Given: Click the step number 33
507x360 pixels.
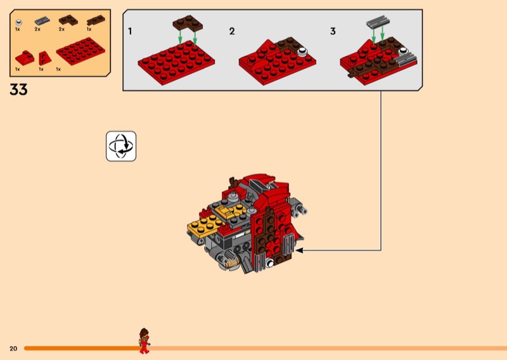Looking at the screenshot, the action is click(18, 89).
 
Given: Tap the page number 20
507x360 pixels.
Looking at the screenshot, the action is click(13, 349).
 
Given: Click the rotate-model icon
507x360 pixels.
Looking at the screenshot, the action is click(121, 146).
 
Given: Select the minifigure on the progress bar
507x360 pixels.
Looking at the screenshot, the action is click(144, 340).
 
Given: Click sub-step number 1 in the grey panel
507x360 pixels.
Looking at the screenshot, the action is click(130, 32).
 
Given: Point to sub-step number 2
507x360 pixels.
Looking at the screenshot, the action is click(232, 32).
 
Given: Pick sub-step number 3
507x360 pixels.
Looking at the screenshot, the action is click(333, 32).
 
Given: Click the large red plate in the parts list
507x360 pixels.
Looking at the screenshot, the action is click(80, 51).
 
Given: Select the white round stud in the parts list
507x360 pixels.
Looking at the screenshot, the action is click(19, 23).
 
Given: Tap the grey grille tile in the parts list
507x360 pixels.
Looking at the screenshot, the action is click(42, 21).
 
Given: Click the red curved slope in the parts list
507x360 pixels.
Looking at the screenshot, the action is click(25, 58).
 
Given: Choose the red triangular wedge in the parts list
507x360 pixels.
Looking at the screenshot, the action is click(44, 58).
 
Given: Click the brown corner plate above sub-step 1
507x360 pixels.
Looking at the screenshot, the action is click(188, 23).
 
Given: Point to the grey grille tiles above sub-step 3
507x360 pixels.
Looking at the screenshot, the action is click(378, 22).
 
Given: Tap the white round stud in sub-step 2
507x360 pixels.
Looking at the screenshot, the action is click(302, 51).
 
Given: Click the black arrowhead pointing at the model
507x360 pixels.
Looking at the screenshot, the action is click(299, 250).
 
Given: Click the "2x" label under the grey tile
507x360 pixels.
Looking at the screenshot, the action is click(37, 29).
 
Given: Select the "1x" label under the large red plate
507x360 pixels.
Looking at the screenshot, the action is click(58, 69).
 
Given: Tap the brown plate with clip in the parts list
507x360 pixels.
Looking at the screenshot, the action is click(96, 20).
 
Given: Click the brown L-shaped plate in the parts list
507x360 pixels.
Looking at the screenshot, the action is click(68, 20).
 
